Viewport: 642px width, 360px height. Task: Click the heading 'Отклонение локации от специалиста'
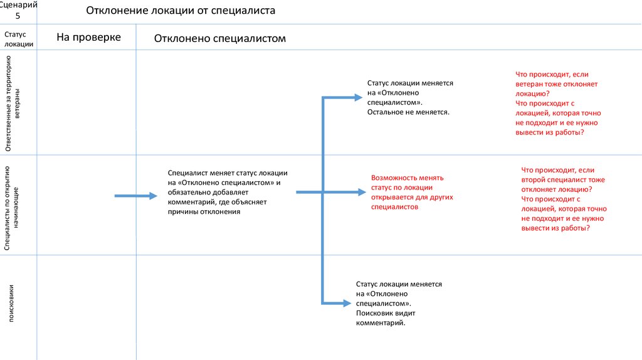point(180,11)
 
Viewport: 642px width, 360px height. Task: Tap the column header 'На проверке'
point(88,38)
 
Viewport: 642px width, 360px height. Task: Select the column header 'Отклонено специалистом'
point(219,39)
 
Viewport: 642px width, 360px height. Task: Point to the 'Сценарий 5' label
point(18,10)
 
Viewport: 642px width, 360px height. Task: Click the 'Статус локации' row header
point(18,38)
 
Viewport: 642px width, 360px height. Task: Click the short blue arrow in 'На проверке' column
point(135,196)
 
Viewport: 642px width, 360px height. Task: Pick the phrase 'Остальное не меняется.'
point(409,111)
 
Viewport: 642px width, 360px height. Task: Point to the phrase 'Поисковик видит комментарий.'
point(385,317)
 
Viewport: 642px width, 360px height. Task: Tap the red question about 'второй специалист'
point(562,179)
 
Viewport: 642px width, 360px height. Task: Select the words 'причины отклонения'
point(204,212)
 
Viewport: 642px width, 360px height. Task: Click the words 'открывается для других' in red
point(411,197)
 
